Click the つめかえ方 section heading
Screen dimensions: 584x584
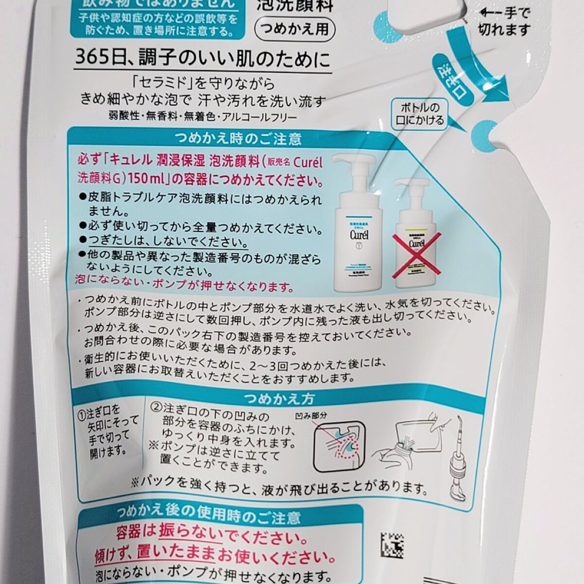point(279,399)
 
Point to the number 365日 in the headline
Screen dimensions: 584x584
point(94,60)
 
